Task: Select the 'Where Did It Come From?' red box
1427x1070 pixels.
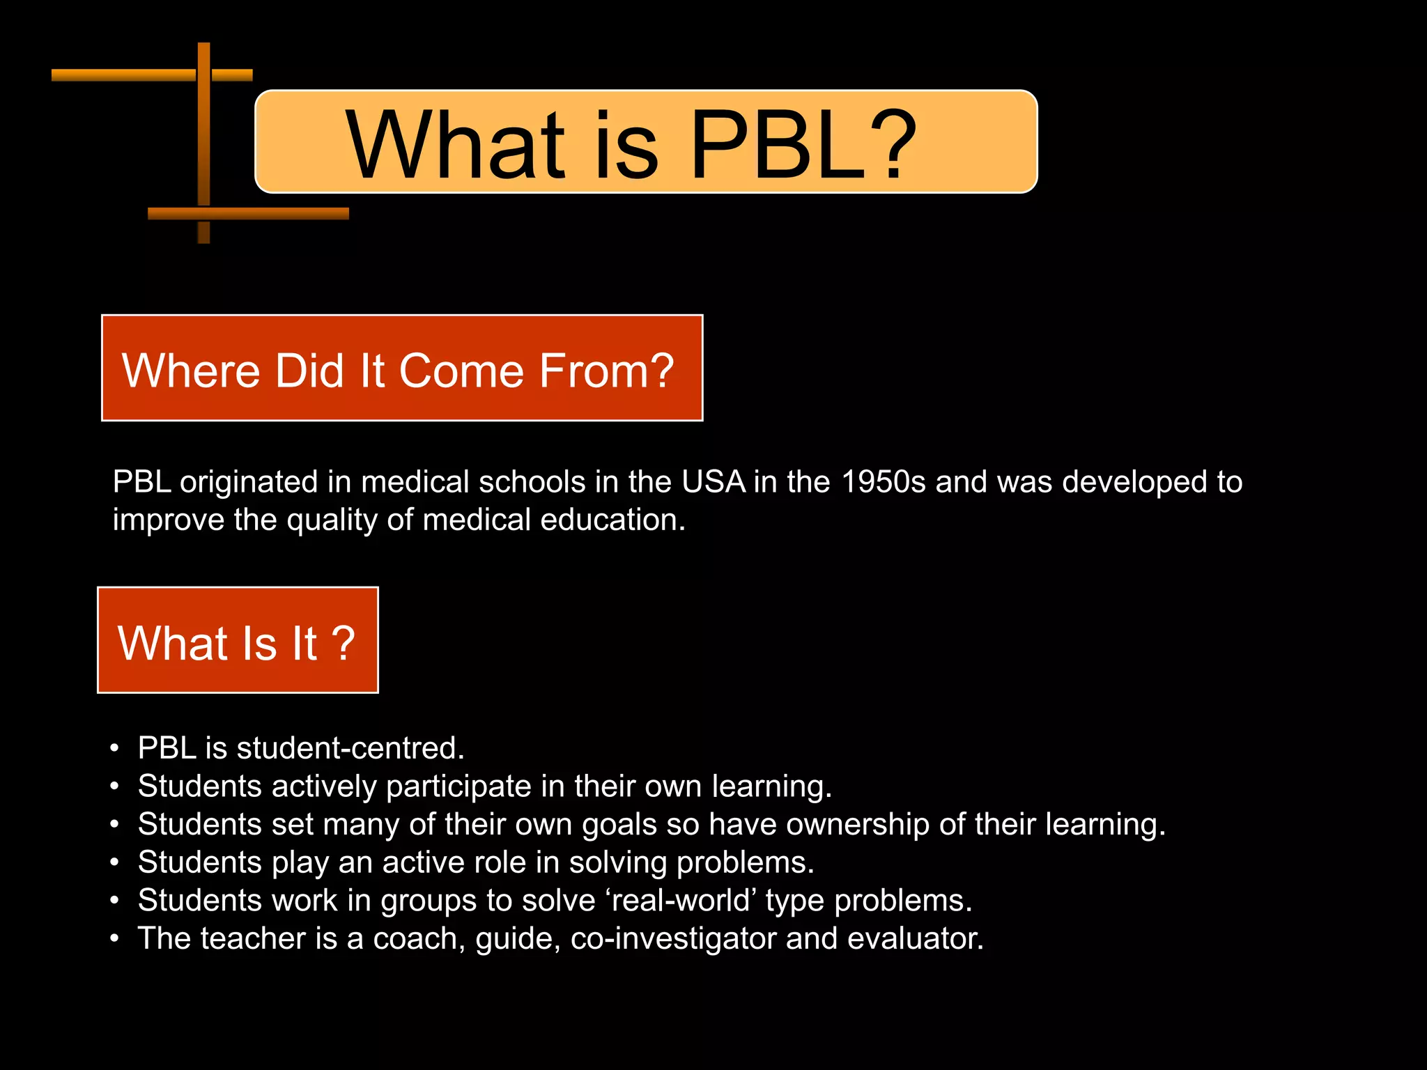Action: point(402,368)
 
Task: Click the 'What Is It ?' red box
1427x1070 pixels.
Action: point(238,640)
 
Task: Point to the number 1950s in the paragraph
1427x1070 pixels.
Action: point(884,482)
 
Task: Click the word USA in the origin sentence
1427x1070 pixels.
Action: point(713,482)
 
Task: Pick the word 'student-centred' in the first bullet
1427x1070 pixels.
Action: point(350,748)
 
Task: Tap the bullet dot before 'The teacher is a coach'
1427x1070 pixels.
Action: point(114,939)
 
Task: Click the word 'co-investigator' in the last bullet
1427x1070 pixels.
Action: point(673,939)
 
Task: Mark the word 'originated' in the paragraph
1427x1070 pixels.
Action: point(248,483)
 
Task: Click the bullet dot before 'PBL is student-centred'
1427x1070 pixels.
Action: point(114,749)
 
